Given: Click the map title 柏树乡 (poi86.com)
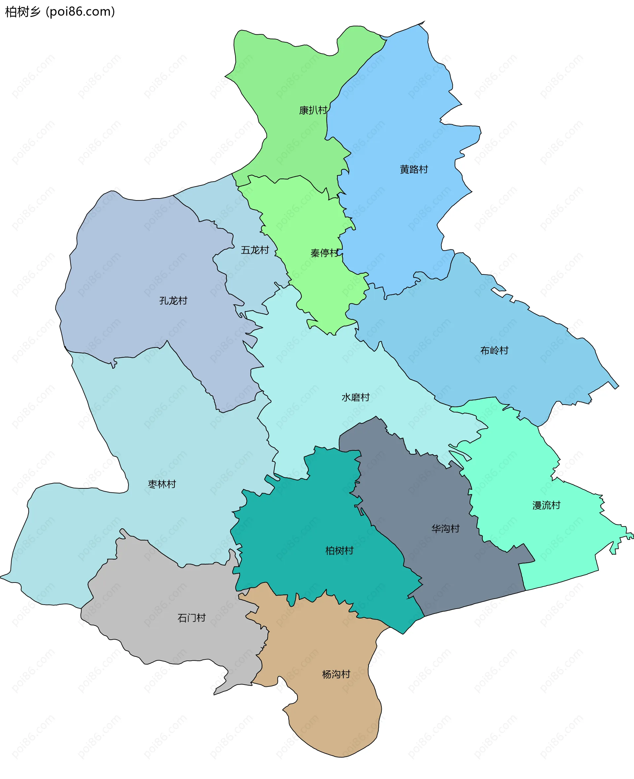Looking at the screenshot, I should tap(60, 12).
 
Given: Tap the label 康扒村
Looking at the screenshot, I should tap(313, 110).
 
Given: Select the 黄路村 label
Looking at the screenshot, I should tap(414, 169).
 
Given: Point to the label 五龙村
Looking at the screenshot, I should tap(255, 250).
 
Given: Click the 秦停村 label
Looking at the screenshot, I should tap(325, 253).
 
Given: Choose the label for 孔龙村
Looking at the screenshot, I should tap(173, 301).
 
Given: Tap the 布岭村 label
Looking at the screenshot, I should tap(494, 351).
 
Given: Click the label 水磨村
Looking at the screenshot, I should tap(355, 397).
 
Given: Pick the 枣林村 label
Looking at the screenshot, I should tap(162, 484).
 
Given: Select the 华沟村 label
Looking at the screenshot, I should tap(445, 528).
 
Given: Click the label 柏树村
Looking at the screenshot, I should tap(339, 551).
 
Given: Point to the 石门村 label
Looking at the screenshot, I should tap(192, 618).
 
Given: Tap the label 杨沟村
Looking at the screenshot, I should tap(336, 674).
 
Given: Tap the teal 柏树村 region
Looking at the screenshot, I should tap(310, 518).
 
